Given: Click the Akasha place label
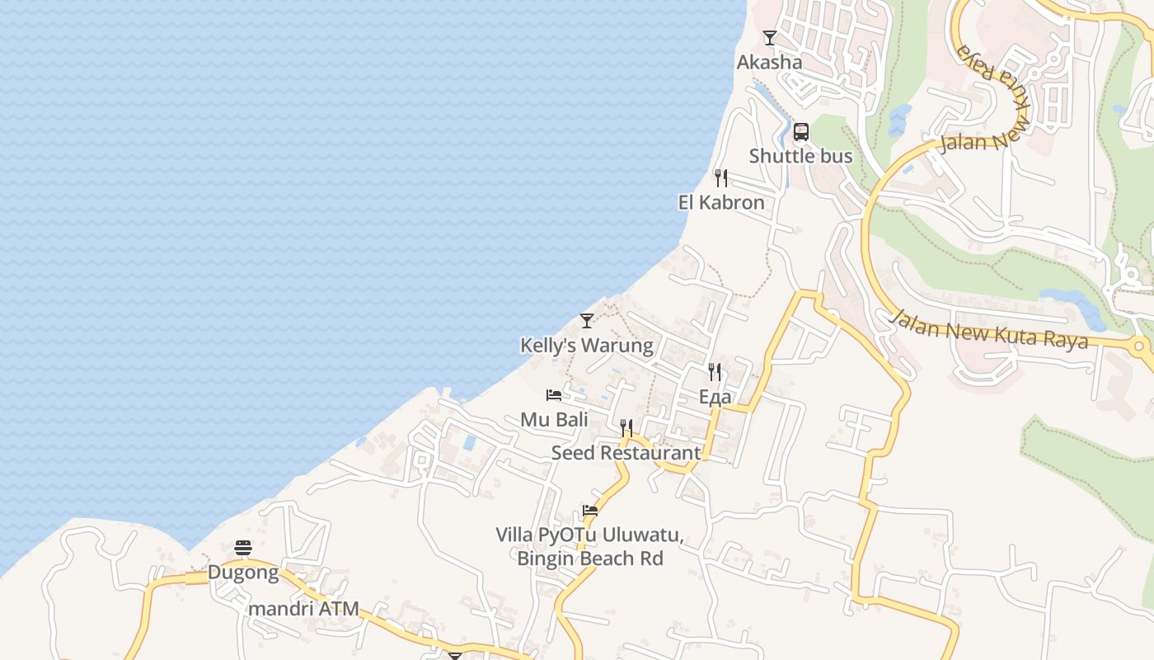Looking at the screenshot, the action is pos(769,63).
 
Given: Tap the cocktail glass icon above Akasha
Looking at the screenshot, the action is pos(770,38).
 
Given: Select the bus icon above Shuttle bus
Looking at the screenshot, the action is pos(800,132).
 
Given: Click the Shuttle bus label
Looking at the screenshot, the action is pos(800,156).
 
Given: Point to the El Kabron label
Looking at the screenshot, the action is pos(721,202).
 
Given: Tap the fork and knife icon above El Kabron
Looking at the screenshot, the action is pos(721,178).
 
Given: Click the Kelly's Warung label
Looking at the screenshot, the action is pos(586,345).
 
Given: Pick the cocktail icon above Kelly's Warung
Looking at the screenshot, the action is pos(587,321).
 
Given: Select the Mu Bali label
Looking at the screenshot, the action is pos(554,419).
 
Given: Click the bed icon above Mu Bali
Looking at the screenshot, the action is pos(554,396).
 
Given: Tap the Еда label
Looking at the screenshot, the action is pos(715,397).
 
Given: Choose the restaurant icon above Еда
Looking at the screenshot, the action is pos(715,372).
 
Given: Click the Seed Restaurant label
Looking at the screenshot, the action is pos(626,452).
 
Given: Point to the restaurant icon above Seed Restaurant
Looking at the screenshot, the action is pos(626,428).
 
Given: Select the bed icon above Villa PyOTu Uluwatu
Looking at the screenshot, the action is pos(590,511).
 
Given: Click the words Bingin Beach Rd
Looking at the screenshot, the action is pos(590,559).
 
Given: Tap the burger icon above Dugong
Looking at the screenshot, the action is pos(243,548).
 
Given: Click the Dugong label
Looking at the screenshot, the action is pos(243,572).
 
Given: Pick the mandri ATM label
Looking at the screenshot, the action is pos(304,609).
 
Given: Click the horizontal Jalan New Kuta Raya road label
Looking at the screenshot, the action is pos(990,328).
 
